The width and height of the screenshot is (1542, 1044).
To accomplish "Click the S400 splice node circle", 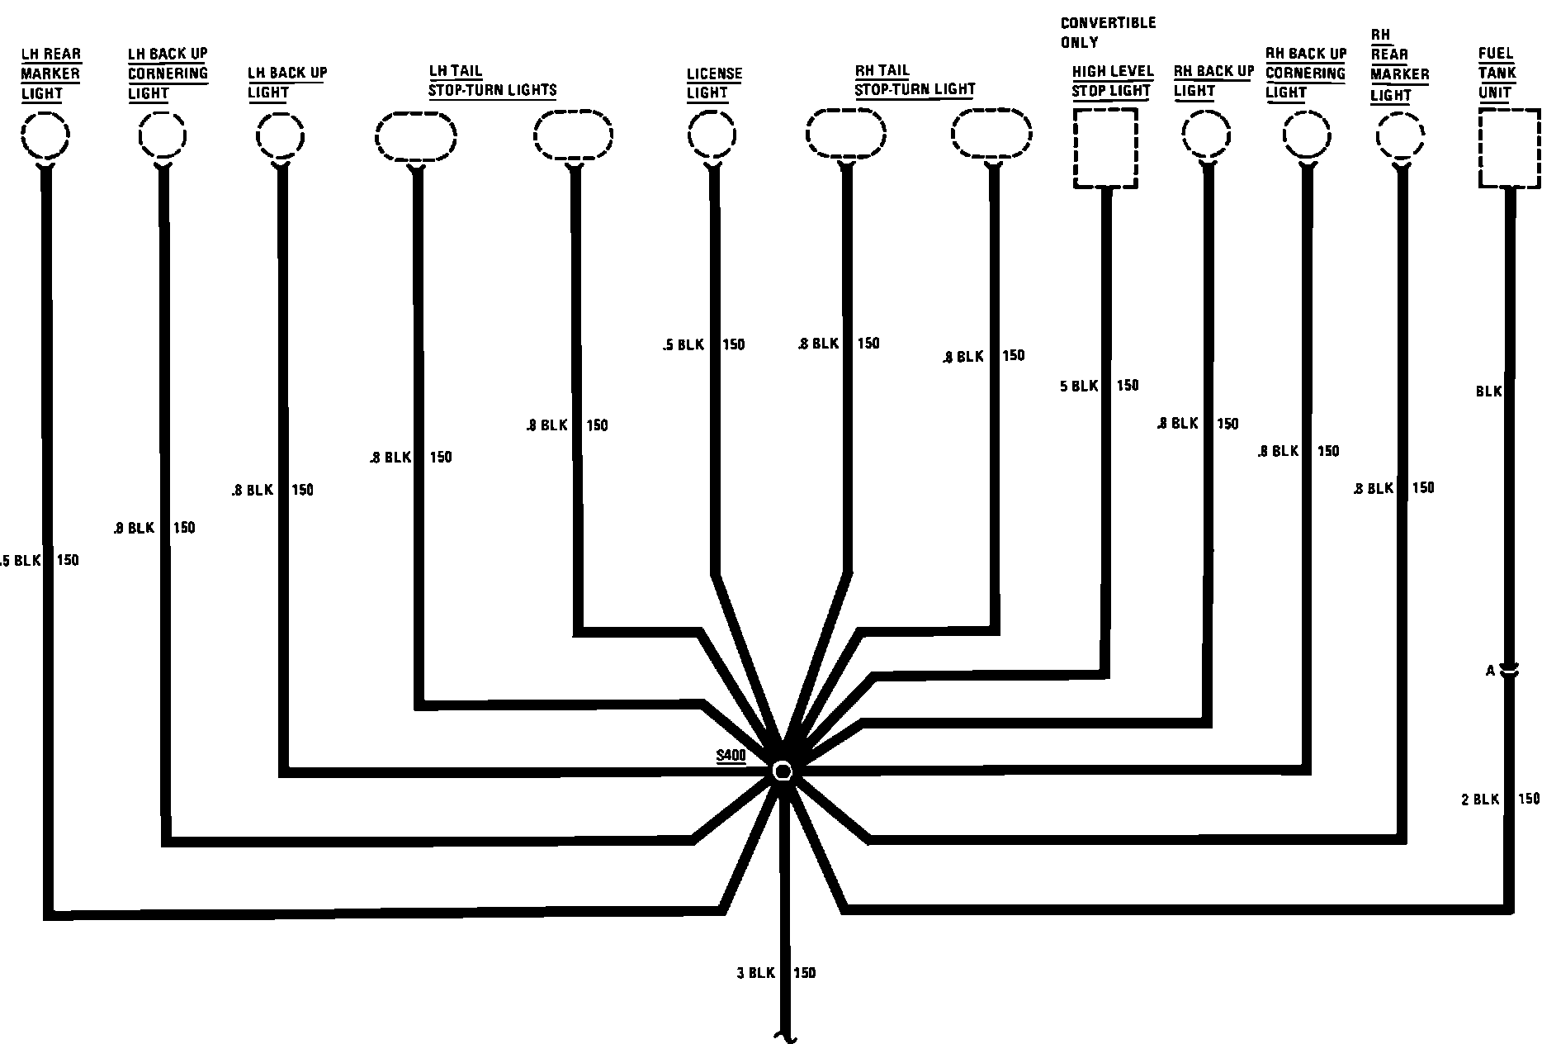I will (782, 771).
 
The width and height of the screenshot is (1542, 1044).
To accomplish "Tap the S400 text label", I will (731, 755).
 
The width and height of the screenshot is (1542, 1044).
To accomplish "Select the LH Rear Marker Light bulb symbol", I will (45, 135).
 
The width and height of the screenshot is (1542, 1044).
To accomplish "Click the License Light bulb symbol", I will (712, 135).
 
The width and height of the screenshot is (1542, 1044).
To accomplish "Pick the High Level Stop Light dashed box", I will (1105, 149).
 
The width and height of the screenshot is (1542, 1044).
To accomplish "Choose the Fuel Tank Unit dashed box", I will (1509, 149).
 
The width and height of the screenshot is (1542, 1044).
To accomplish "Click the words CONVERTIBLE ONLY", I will (1108, 32).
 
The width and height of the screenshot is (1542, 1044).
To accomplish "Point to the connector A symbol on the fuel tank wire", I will (1508, 671).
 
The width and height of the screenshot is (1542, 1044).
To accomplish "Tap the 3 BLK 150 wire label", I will (776, 973).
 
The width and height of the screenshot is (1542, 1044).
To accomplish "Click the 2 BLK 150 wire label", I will (1500, 799).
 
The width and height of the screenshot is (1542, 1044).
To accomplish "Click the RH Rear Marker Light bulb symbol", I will (1400, 135).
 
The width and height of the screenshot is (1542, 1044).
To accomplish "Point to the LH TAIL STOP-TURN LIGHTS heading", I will (492, 81).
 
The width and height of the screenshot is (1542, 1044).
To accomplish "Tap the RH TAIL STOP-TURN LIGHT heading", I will (915, 80).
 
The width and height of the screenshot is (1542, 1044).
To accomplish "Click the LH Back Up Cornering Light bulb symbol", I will (162, 135).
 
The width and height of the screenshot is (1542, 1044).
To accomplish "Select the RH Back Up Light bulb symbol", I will (1206, 135).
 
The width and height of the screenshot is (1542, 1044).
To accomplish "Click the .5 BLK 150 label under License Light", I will (703, 344).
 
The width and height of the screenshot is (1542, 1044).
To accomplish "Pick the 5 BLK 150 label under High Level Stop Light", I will (1099, 386).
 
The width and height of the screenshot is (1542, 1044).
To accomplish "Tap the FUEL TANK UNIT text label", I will (1497, 73).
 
